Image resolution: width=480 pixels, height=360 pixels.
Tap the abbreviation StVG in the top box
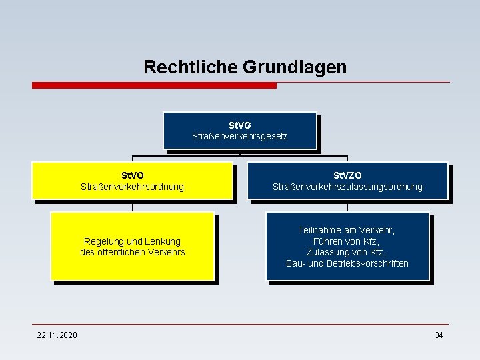240,125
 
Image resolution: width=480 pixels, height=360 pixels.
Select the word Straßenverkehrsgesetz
240,137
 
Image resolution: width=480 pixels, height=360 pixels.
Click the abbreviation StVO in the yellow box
132,175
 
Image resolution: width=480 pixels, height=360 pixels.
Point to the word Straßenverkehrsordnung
132,187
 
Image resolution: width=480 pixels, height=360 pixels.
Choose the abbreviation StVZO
347,175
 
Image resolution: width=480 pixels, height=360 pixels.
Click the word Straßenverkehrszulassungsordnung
347,187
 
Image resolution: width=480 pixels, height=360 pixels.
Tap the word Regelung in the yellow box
103,241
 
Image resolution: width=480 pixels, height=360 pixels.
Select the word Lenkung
163,241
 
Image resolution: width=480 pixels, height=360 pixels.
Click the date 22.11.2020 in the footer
57,335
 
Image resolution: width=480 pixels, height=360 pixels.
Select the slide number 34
439,335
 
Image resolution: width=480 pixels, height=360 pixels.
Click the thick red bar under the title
154,85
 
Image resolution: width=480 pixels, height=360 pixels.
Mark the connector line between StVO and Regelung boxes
132,207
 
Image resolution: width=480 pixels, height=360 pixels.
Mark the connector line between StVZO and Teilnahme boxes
347,206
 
